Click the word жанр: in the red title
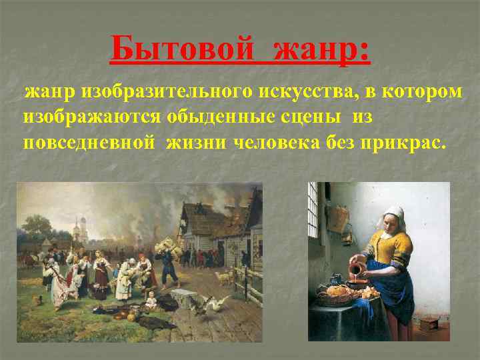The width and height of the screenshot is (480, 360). (320, 49)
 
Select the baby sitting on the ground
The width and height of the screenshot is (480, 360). (151, 301)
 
